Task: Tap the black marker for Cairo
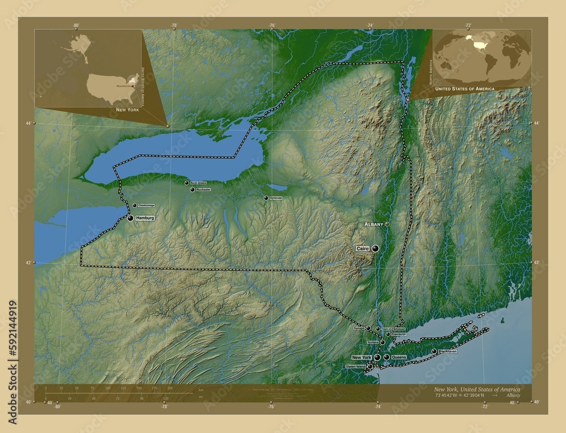[375, 248]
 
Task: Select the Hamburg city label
[145, 217]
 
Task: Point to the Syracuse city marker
[266, 198]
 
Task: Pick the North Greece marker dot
[187, 183]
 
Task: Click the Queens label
[398, 357]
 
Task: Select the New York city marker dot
[377, 358]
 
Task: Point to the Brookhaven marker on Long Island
[434, 351]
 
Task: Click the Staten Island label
[356, 367]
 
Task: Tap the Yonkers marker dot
[382, 342]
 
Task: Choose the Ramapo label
[359, 328]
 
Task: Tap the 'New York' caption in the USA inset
[127, 109]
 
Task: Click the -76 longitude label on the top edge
[272, 25]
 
